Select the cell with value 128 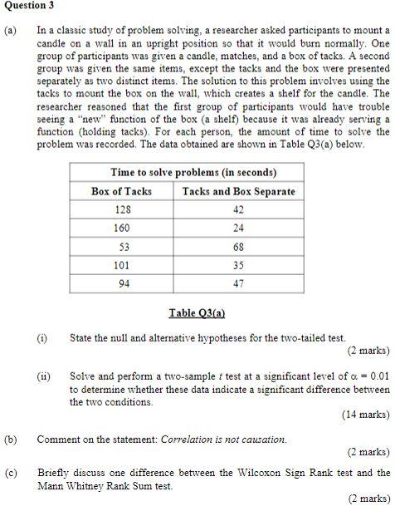point(121,209)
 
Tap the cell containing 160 point(121,228)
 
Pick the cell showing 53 point(121,247)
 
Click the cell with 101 point(121,265)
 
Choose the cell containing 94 point(121,283)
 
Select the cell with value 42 point(238,209)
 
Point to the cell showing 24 point(238,228)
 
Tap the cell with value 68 point(238,247)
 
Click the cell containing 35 point(238,265)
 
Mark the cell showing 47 point(238,283)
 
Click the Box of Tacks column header point(121,191)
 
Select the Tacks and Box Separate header point(238,191)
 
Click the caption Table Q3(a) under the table point(197,313)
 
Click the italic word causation point(261,439)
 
